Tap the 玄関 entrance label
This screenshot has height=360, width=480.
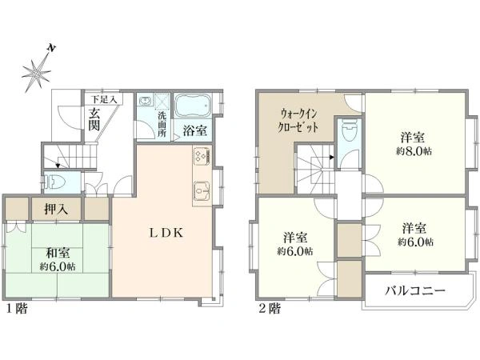pos(94,120)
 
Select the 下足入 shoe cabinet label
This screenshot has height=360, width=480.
pos(104,99)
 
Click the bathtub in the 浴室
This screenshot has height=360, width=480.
pos(192,106)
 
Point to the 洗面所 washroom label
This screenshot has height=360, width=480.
pos(162,125)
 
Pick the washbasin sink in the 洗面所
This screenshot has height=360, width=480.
pos(145,101)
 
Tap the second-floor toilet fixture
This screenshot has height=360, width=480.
pos(349,130)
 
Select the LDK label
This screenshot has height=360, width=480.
pos(166,233)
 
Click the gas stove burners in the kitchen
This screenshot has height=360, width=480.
pos(202,154)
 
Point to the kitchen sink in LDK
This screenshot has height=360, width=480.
pos(202,191)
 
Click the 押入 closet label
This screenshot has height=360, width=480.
pos(56,210)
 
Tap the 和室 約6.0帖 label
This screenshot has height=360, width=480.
pos(58,259)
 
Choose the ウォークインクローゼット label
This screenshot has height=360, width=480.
pos(298,121)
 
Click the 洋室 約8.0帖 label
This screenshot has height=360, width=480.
pos(414,143)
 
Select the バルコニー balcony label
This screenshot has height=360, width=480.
pos(414,290)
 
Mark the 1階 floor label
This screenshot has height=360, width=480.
pos(17,308)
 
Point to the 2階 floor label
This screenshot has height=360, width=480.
pos(270,308)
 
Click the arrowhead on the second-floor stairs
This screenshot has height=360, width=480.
pos(331,158)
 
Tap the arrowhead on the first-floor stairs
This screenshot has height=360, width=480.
pos(58,166)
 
